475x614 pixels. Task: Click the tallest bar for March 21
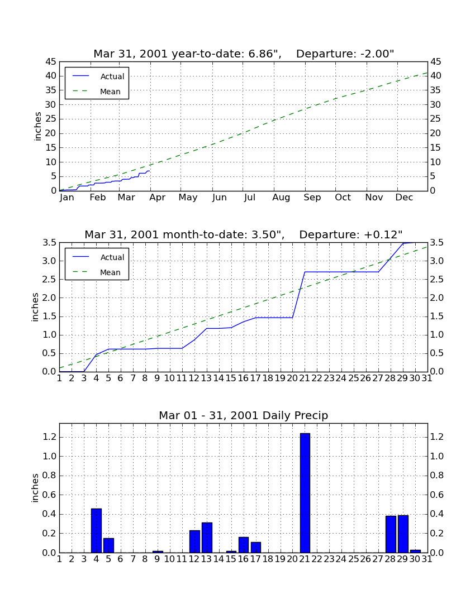tap(305, 493)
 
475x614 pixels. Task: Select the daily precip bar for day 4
tap(97, 531)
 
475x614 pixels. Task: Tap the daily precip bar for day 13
tap(207, 538)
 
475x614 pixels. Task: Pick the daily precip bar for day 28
tap(391, 534)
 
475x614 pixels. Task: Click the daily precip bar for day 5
tap(108, 545)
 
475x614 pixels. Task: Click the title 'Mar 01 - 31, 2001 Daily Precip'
tap(244, 415)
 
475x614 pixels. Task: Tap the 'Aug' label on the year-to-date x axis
tap(282, 198)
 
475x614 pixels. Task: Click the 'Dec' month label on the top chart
tap(404, 198)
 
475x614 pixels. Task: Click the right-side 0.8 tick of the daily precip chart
tap(437, 476)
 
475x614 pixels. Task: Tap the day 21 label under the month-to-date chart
tap(305, 378)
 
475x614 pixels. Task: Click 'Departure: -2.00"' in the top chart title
tap(345, 54)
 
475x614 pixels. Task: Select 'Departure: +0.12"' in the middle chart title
tap(351, 234)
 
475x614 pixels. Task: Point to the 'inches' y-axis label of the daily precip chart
tap(35, 488)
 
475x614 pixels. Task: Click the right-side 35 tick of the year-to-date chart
tap(436, 90)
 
